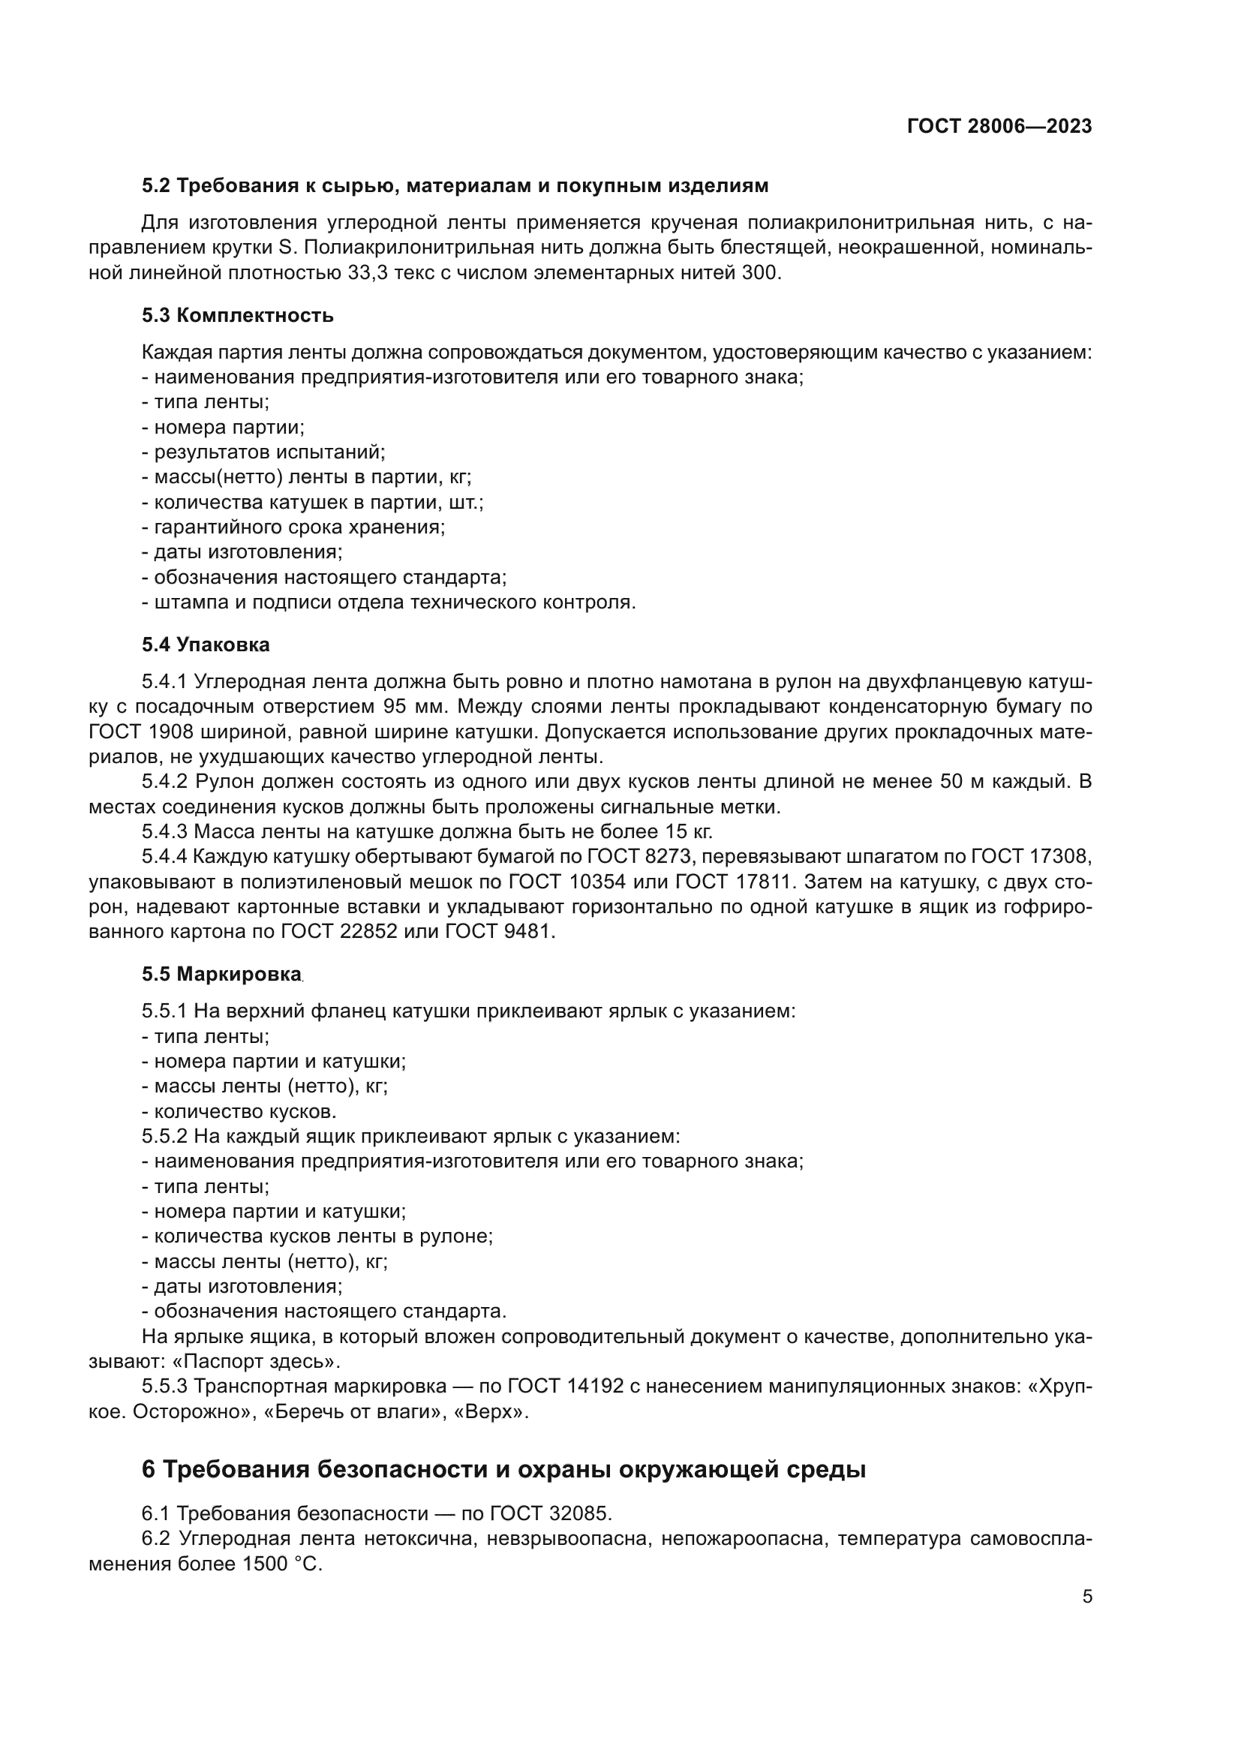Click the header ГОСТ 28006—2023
[x=999, y=127]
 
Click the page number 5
[x=1086, y=1597]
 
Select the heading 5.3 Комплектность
[x=237, y=316]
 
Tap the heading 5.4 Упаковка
[x=206, y=645]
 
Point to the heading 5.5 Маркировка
[x=221, y=975]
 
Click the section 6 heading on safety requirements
[x=503, y=1469]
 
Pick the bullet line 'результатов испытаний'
[x=263, y=452]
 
